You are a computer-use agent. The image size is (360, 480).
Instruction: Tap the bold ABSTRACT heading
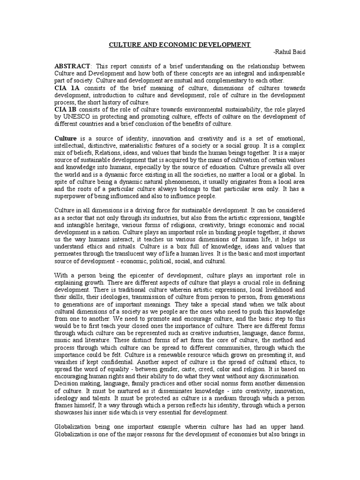[72, 67]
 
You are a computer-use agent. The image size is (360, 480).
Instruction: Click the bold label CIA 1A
[67, 88]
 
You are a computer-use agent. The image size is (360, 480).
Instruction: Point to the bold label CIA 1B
[67, 109]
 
